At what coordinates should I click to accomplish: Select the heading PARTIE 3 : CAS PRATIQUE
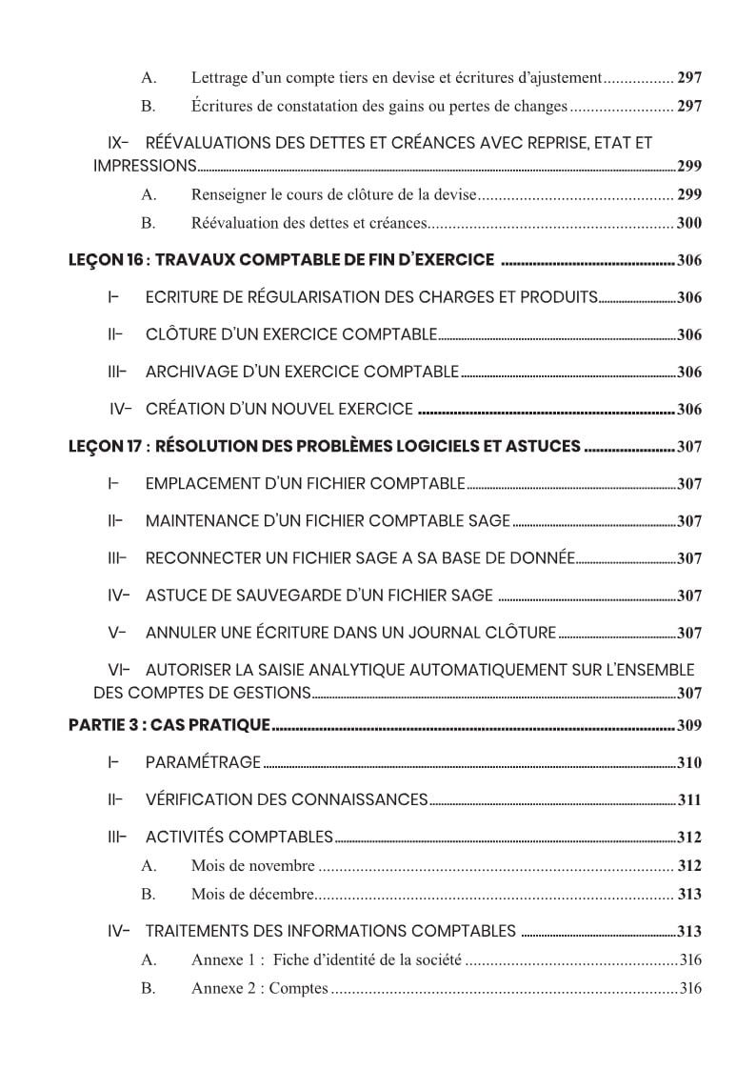pos(169,725)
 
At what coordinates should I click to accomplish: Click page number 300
pos(688,223)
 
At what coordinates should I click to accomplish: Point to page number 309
pos(688,726)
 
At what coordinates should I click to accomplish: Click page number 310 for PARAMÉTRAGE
pos(688,763)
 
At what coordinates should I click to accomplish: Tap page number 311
pos(688,800)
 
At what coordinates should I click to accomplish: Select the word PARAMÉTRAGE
pos(203,762)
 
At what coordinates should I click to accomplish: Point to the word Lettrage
pos(220,77)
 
